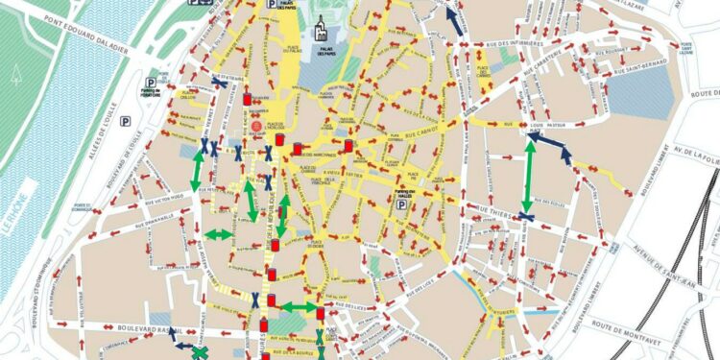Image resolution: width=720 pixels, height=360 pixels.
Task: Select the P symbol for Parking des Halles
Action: [404, 204]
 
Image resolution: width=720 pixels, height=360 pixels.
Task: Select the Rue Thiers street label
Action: [495, 205]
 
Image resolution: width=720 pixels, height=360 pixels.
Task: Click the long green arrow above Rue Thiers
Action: [528, 178]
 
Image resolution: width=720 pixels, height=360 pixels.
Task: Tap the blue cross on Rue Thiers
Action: [527, 217]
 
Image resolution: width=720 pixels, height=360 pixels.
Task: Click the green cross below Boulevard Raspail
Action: [200, 353]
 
